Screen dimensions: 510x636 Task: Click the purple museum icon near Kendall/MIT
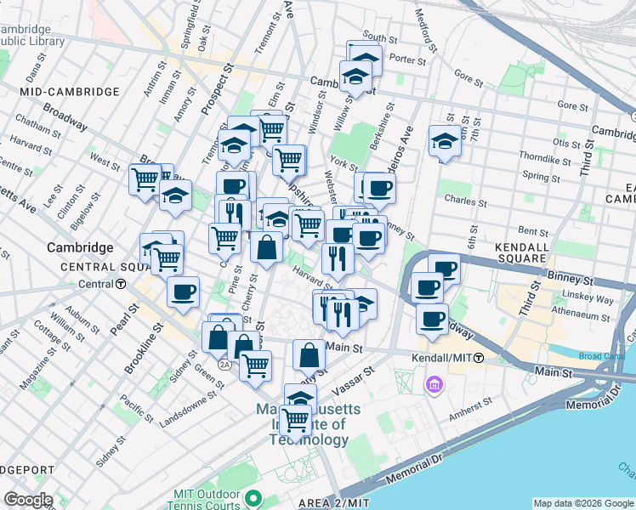[435, 386]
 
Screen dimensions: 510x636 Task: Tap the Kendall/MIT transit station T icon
[479, 358]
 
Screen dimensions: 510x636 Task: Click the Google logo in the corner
[27, 500]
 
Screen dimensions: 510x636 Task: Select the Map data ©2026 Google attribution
[583, 503]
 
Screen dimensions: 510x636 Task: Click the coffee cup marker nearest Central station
[183, 293]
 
